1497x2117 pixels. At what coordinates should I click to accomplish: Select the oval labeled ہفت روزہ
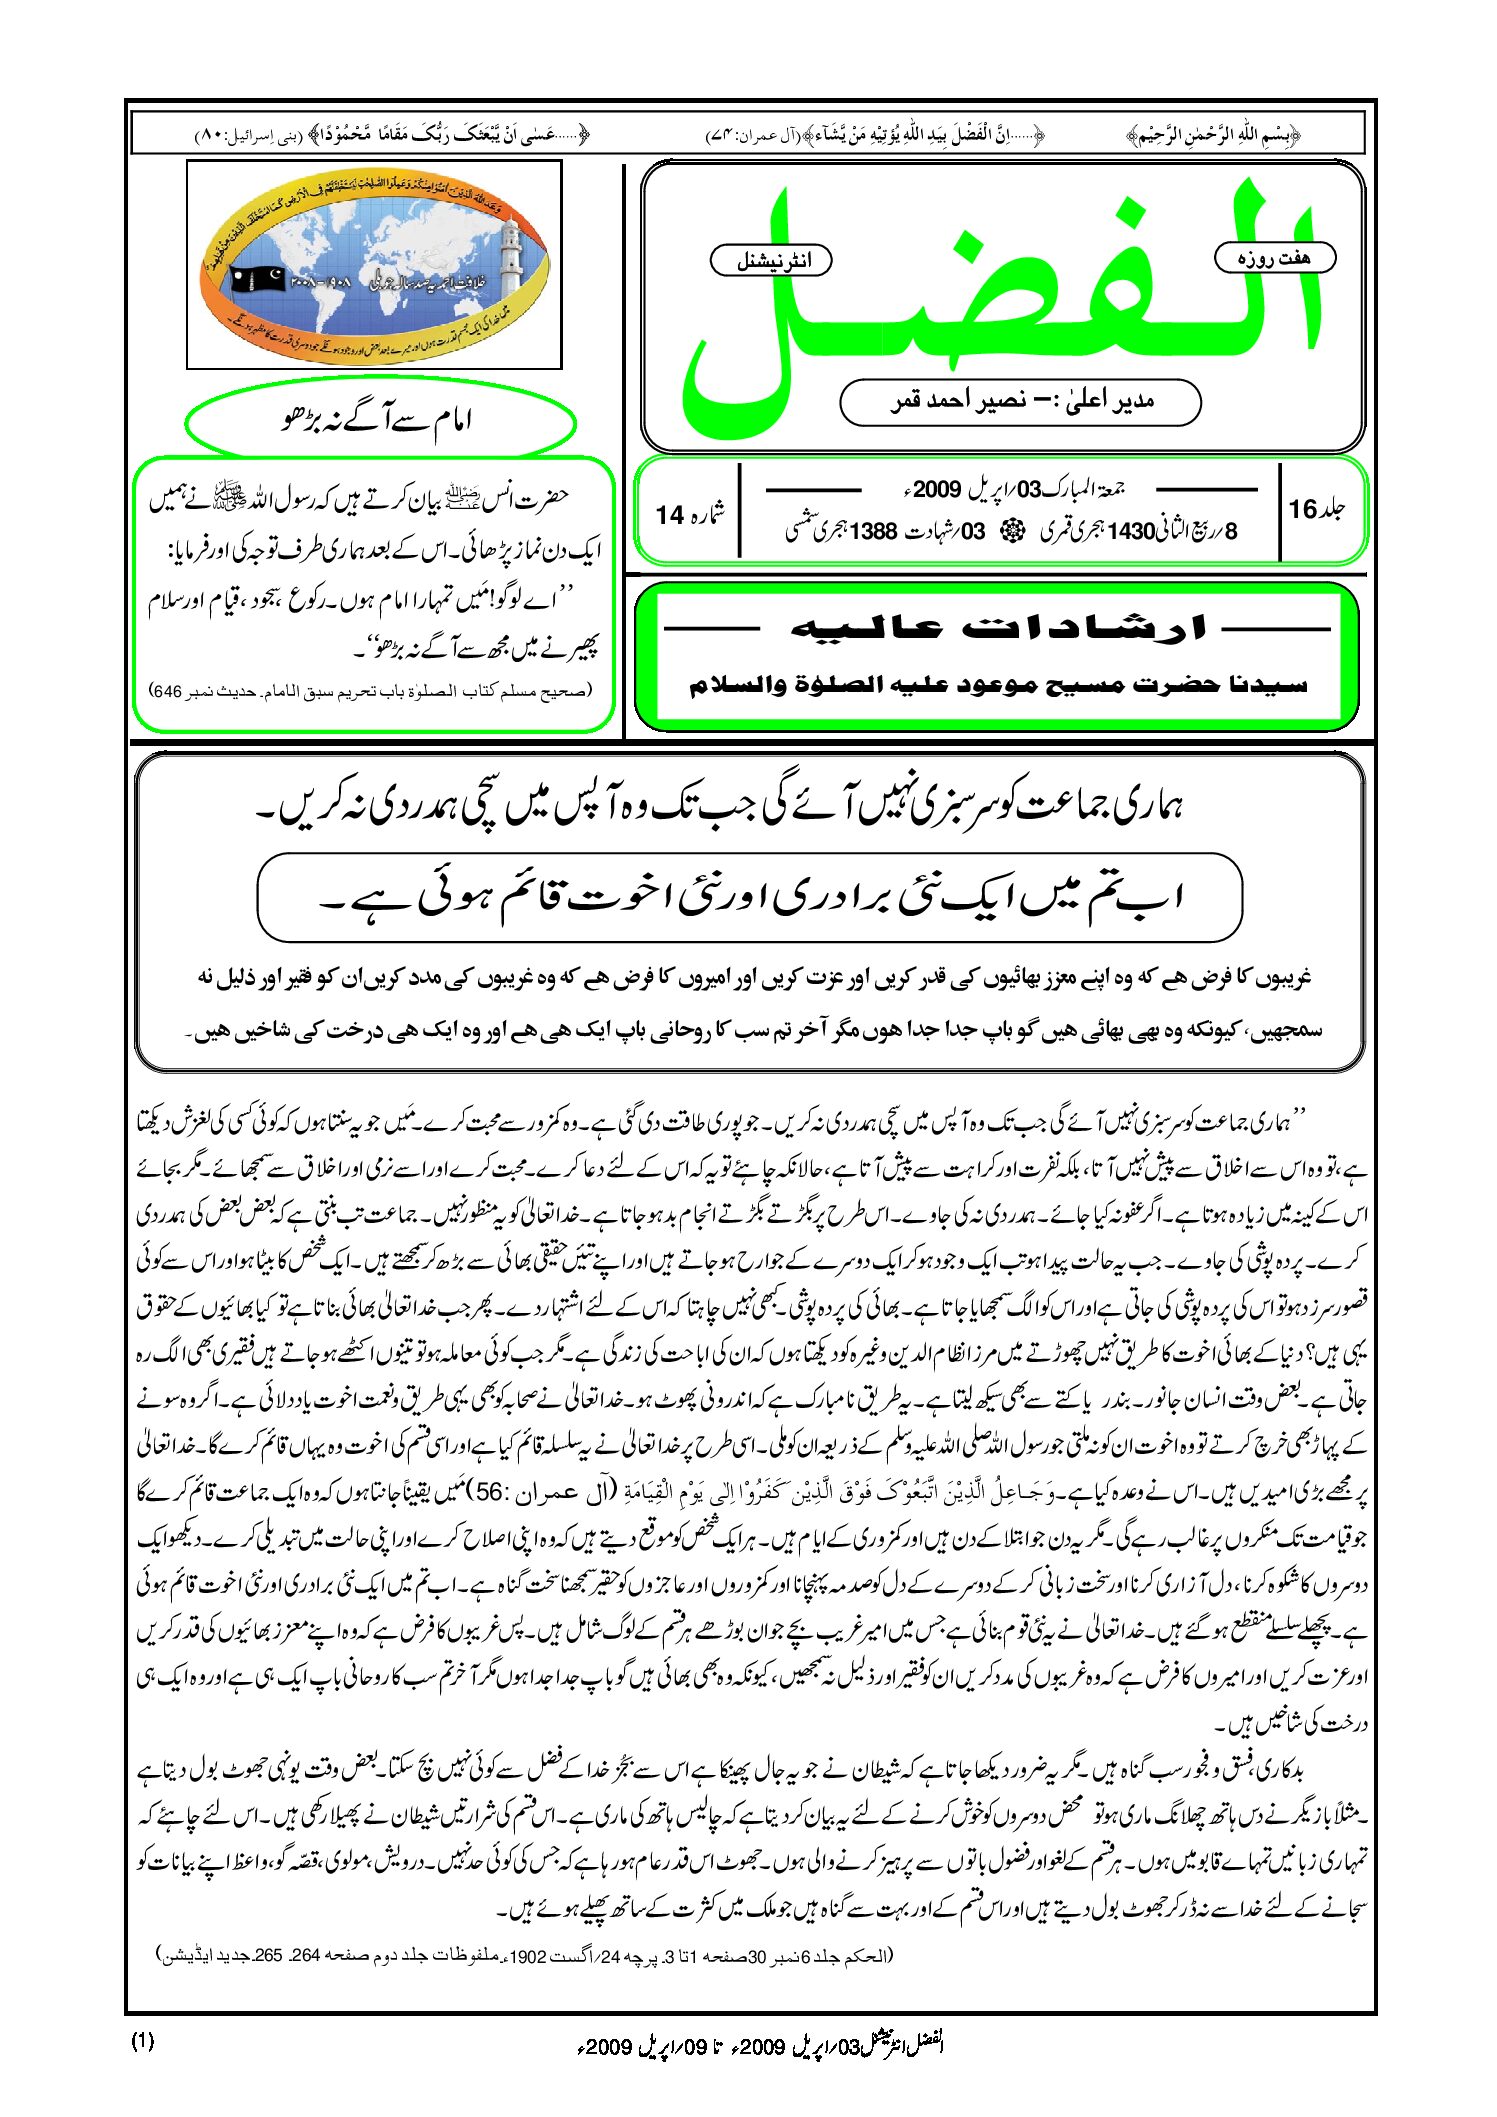click(1274, 258)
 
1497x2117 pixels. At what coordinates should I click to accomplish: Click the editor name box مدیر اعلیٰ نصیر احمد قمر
click(1020, 402)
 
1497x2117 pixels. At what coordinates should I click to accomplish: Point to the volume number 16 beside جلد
click(1302, 510)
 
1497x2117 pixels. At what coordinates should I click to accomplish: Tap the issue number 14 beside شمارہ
click(669, 515)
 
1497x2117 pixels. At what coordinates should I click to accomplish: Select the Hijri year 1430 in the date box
click(1131, 531)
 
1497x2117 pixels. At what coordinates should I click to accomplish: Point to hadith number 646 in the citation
click(166, 691)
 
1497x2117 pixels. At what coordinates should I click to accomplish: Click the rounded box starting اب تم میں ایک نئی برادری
click(749, 897)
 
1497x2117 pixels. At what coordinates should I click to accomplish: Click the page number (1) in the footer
click(142, 2041)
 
